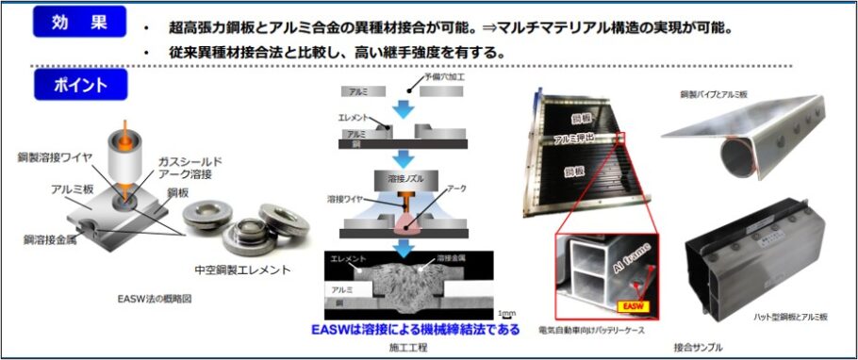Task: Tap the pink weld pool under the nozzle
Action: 406,222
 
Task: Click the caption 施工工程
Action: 407,348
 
